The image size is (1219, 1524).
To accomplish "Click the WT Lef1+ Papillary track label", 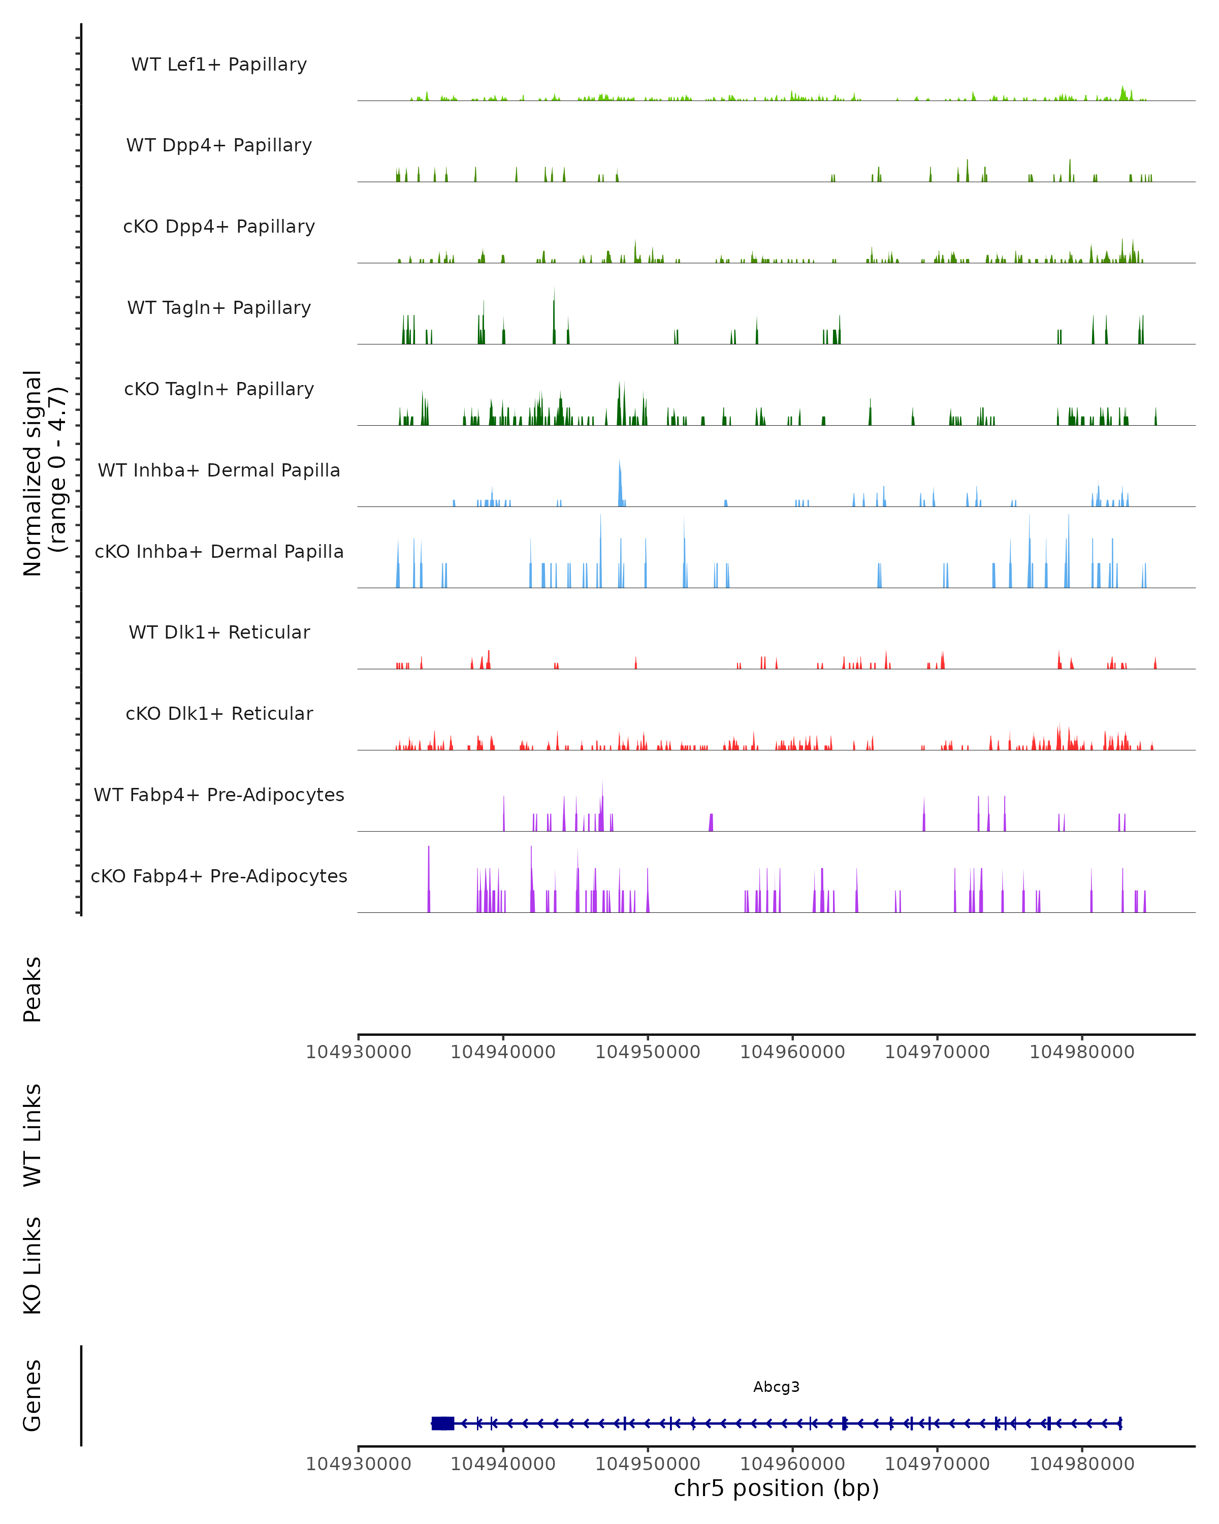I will tap(219, 65).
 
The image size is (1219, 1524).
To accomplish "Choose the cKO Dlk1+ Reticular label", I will tap(219, 713).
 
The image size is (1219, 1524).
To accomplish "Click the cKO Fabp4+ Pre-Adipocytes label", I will tap(219, 876).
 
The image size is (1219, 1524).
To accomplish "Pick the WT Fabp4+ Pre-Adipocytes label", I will tap(219, 795).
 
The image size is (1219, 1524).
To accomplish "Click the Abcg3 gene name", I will tap(776, 1387).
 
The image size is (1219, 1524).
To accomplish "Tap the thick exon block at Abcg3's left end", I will tap(443, 1423).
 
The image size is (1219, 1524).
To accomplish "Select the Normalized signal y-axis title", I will tap(44, 473).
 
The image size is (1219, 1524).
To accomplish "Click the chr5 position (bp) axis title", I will tap(776, 1488).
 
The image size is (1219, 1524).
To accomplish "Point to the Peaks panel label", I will tap(33, 990).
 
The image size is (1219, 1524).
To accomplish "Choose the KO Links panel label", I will tap(33, 1266).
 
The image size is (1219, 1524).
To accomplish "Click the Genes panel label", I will tap(33, 1395).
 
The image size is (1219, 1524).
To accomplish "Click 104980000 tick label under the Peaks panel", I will tap(1082, 1052).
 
